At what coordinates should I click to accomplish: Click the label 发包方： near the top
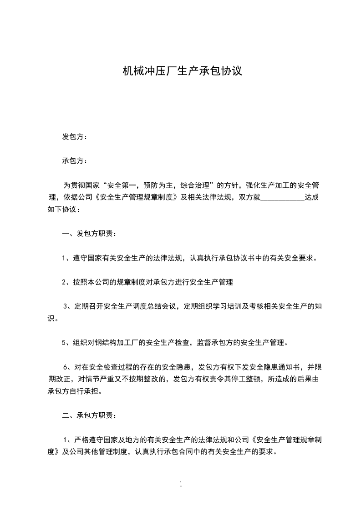(75, 136)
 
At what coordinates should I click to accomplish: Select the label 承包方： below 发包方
(75, 161)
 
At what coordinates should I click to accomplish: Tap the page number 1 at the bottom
(181, 484)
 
